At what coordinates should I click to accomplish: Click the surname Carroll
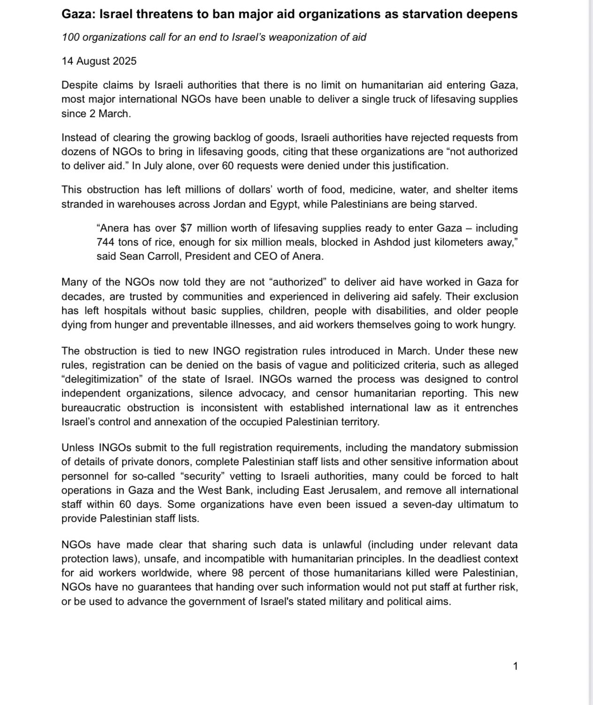[167, 256]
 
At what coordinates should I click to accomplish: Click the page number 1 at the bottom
[516, 666]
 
